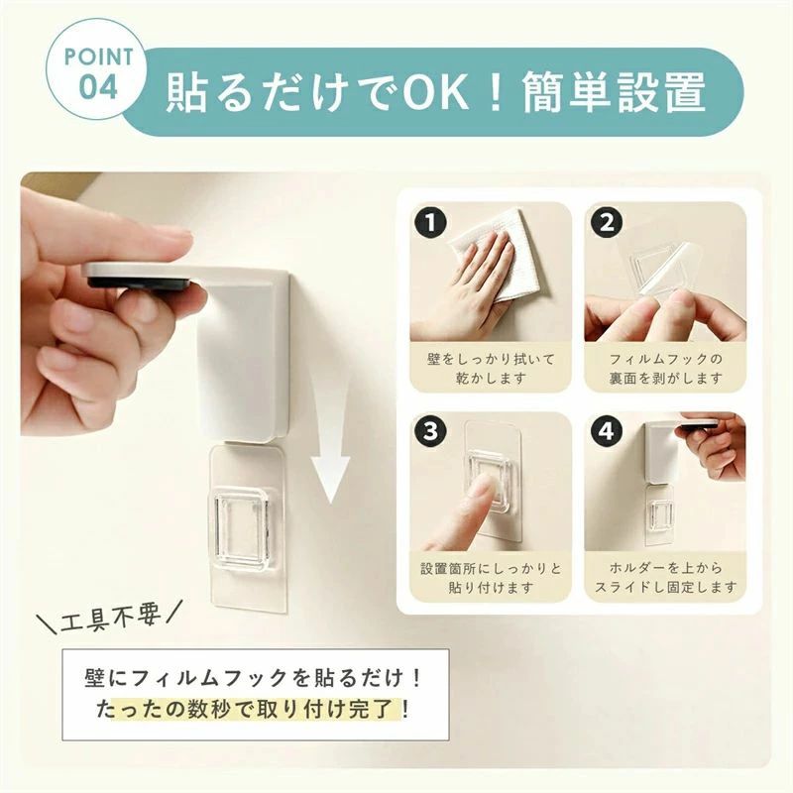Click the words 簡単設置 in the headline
tap(614, 92)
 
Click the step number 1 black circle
tap(430, 222)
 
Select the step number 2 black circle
tap(607, 222)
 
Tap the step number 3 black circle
tap(430, 431)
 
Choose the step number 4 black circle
tap(607, 431)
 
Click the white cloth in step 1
tap(493, 253)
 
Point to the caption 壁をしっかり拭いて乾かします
tap(491, 368)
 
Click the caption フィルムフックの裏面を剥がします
tap(665, 368)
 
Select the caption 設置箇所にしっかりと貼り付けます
tap(491, 578)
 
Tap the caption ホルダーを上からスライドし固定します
tap(665, 578)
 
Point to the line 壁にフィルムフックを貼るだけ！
tap(254, 678)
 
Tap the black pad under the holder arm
tap(143, 282)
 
